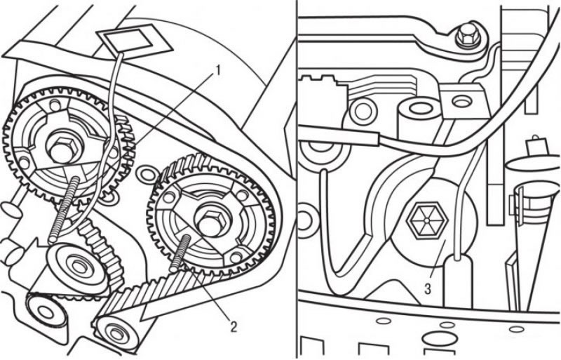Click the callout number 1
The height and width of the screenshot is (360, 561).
pyautogui.click(x=216, y=71)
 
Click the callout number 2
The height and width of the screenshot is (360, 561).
pyautogui.click(x=233, y=326)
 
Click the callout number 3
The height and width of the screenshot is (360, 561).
pyautogui.click(x=428, y=288)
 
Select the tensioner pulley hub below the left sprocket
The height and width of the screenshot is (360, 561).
pyautogui.click(x=76, y=265)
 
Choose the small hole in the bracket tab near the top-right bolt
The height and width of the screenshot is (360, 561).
pyautogui.click(x=460, y=101)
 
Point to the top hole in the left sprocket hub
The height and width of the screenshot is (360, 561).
pyautogui.click(x=55, y=105)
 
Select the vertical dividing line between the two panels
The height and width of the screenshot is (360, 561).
pyautogui.click(x=297, y=180)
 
